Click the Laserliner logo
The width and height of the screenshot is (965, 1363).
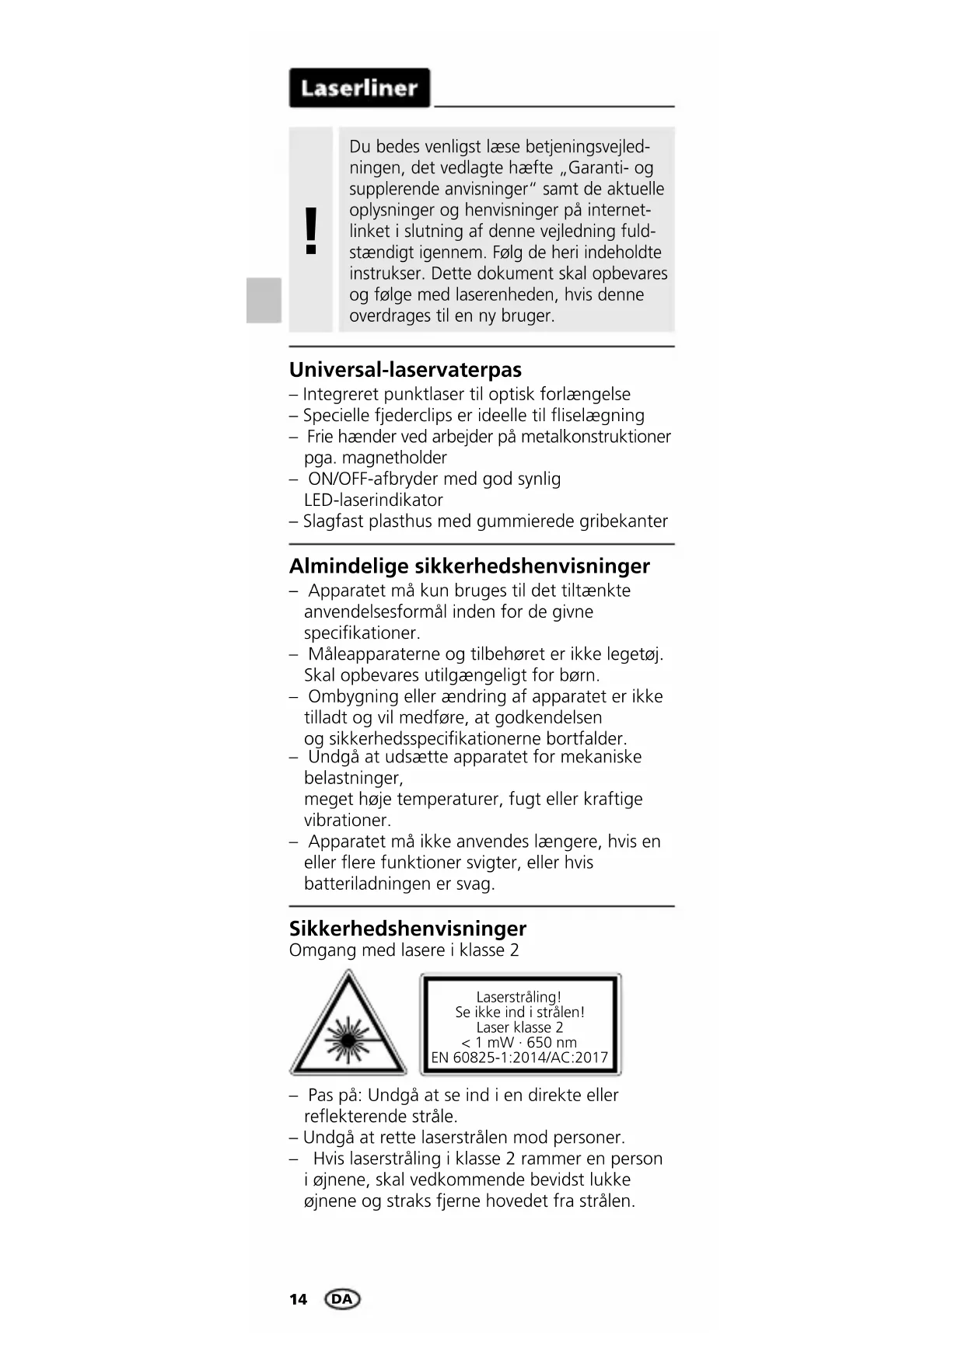359,88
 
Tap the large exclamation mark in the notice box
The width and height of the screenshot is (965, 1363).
311,231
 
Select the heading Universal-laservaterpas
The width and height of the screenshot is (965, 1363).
405,369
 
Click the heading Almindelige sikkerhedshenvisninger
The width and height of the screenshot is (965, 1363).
469,566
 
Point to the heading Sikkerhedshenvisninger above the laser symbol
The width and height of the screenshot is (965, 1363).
407,928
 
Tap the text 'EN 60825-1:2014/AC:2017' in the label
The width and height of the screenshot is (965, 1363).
519,1058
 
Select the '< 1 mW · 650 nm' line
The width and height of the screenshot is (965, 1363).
519,1043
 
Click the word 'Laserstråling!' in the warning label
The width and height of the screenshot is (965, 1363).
519,997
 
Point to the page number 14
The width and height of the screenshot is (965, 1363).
298,1299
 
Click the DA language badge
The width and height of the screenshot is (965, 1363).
342,1299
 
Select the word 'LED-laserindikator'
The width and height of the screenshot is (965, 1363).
373,500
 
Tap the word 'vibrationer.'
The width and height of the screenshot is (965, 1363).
347,820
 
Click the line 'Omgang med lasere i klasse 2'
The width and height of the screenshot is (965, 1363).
404,950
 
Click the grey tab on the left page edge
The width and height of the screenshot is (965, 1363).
264,299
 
